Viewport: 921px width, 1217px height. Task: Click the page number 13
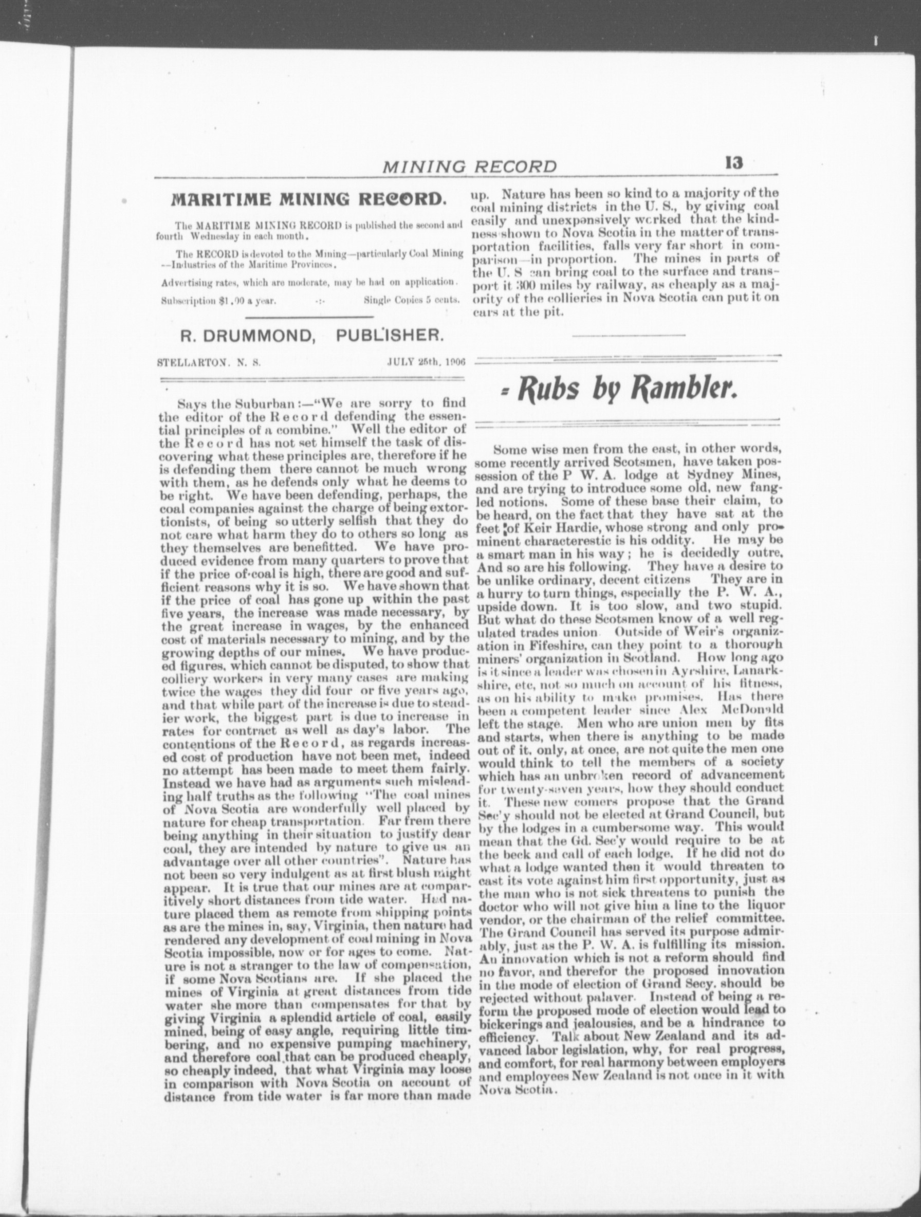734,163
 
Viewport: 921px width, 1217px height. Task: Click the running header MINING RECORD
469,165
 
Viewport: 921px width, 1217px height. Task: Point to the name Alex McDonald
736,709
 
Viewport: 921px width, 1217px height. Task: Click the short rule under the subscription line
309,317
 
